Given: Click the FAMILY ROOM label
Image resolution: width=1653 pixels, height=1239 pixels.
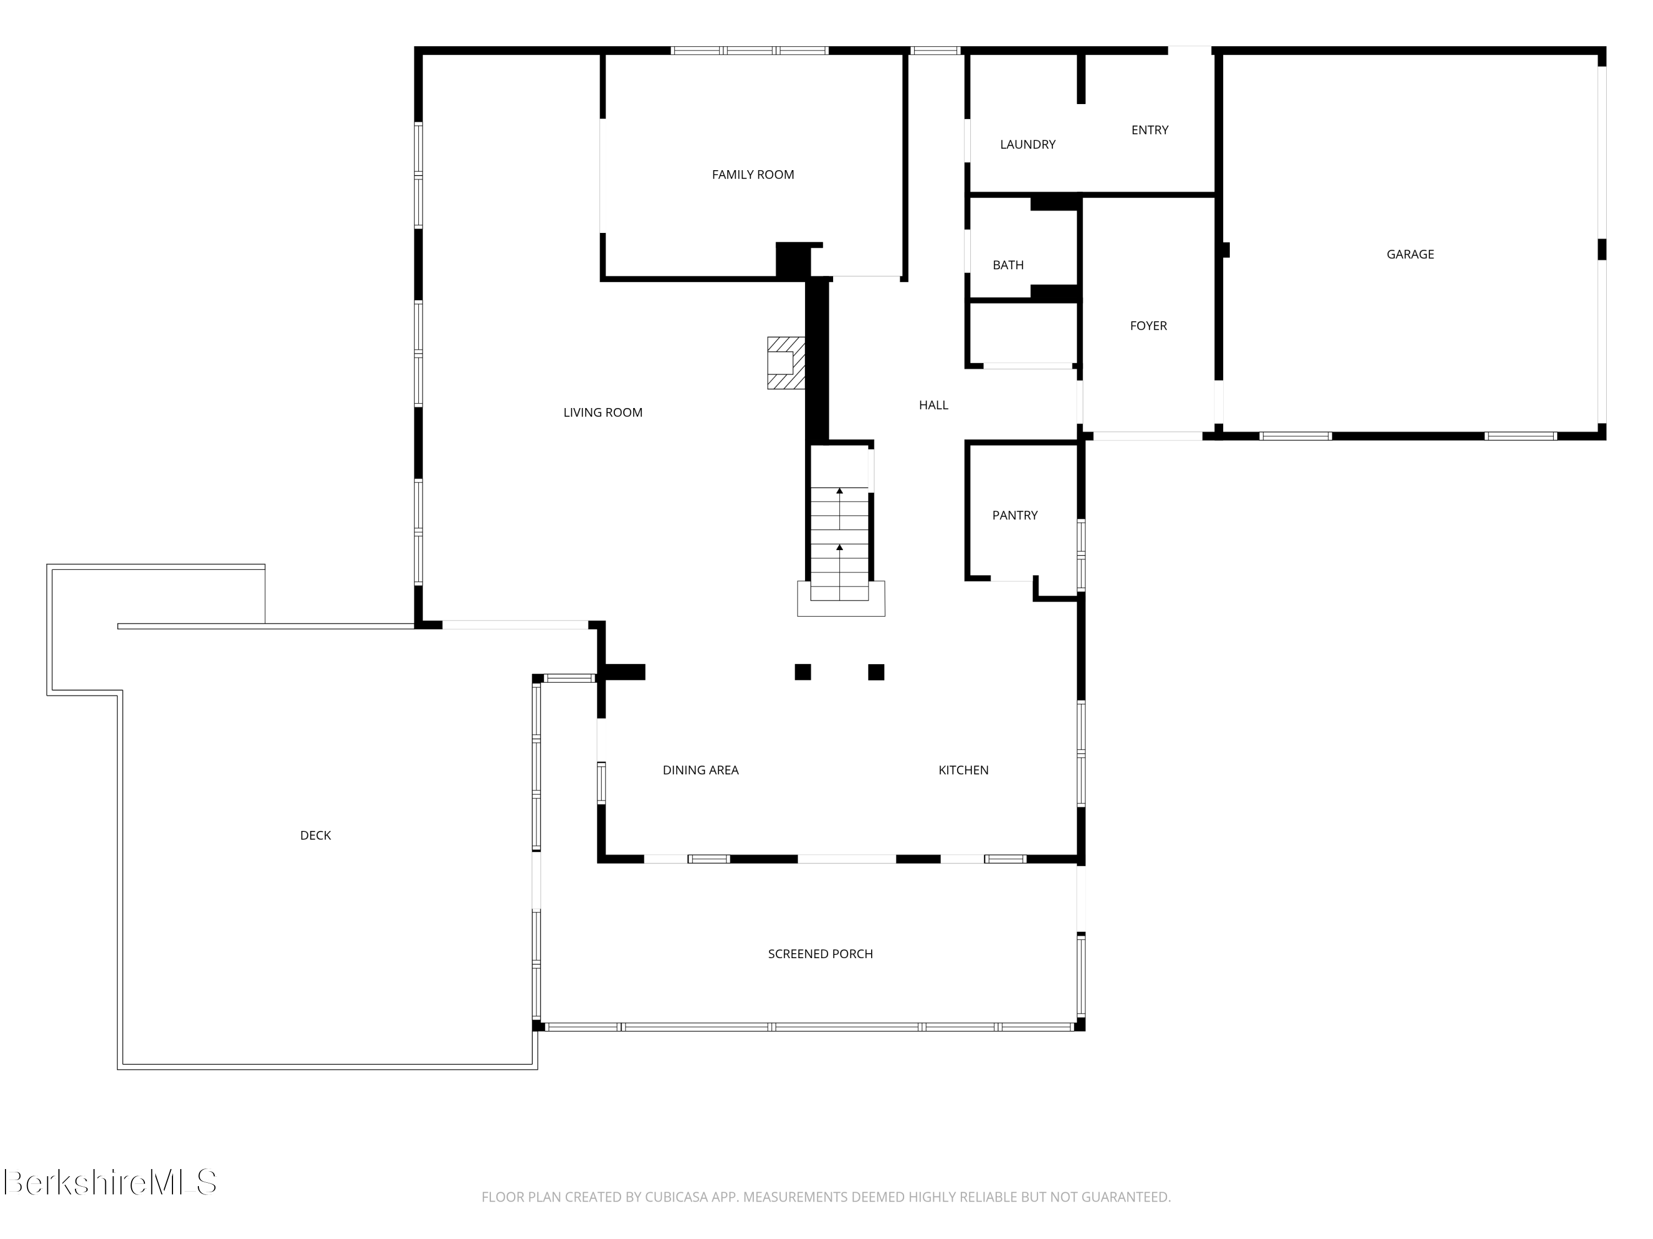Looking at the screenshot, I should point(753,175).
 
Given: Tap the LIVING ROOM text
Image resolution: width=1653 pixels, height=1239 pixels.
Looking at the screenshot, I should point(602,412).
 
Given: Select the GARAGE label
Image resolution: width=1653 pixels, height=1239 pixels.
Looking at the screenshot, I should point(1410,254).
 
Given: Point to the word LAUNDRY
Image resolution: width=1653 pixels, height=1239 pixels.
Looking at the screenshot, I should point(1028,145).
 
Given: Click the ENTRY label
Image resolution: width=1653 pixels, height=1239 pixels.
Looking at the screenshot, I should point(1149,130).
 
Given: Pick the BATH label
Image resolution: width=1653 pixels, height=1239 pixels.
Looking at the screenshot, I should point(1007,265).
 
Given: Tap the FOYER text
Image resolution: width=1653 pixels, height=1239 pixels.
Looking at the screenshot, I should point(1148,325).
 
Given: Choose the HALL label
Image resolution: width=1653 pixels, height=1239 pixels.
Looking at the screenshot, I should point(933,405).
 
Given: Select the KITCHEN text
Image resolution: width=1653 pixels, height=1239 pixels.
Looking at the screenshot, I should point(963,770).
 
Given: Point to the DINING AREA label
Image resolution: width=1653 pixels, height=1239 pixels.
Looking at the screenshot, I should point(700,770).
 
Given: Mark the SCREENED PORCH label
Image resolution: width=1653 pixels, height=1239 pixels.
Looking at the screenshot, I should point(820,954).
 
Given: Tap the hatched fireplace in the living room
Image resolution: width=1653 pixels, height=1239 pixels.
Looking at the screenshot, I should point(785,363).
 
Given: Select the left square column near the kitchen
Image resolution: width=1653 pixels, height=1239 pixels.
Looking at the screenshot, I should point(803,672).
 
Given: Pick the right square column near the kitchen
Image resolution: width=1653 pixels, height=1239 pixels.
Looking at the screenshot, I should point(876,672).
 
